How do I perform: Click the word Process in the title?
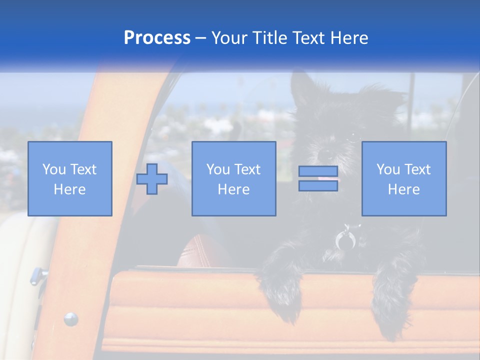tap(157, 38)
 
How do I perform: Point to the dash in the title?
tap(201, 38)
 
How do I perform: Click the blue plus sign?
tap(152, 179)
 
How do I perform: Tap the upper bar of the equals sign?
tap(318, 171)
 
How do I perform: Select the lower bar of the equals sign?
tap(318, 185)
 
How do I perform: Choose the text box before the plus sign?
tap(69, 178)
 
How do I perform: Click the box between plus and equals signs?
tap(233, 178)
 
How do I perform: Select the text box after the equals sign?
tap(403, 178)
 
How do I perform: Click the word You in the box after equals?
tap(387, 169)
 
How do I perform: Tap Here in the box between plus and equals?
tap(233, 189)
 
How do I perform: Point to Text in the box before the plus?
tap(82, 169)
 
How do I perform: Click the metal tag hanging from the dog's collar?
tap(344, 241)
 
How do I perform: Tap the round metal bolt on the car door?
tap(70, 318)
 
